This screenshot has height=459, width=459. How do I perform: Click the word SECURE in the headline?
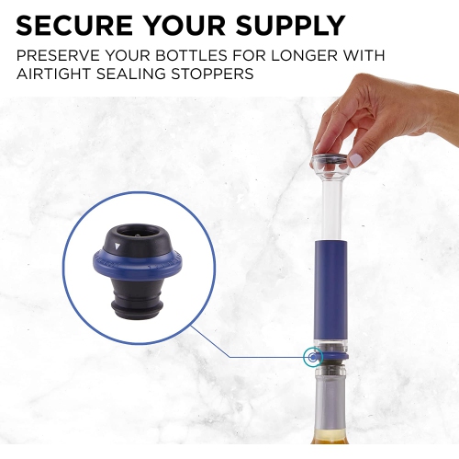pos(74,25)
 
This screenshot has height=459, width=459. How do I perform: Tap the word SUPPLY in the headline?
pos(290,25)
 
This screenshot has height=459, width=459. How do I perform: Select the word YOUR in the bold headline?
pos(185,25)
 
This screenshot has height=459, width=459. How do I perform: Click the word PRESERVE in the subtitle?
pos(58,55)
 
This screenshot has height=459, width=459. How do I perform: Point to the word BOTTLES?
pos(191,55)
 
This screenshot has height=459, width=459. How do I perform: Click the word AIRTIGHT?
pos(54,74)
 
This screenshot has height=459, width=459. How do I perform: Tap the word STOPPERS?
pos(212,74)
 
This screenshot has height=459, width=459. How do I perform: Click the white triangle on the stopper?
pos(118,247)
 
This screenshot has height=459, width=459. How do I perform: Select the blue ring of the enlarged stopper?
pos(138,265)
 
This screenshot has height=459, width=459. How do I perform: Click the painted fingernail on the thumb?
pos(354,160)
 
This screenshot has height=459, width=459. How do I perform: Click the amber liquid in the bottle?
pos(330,437)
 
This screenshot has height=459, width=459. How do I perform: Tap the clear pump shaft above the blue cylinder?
pos(330,205)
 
